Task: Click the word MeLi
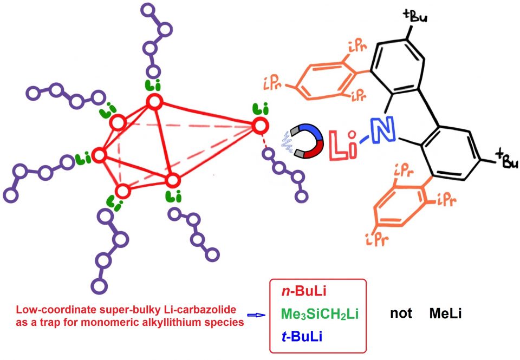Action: [445, 313]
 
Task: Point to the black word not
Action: [401, 313]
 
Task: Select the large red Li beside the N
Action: [342, 144]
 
